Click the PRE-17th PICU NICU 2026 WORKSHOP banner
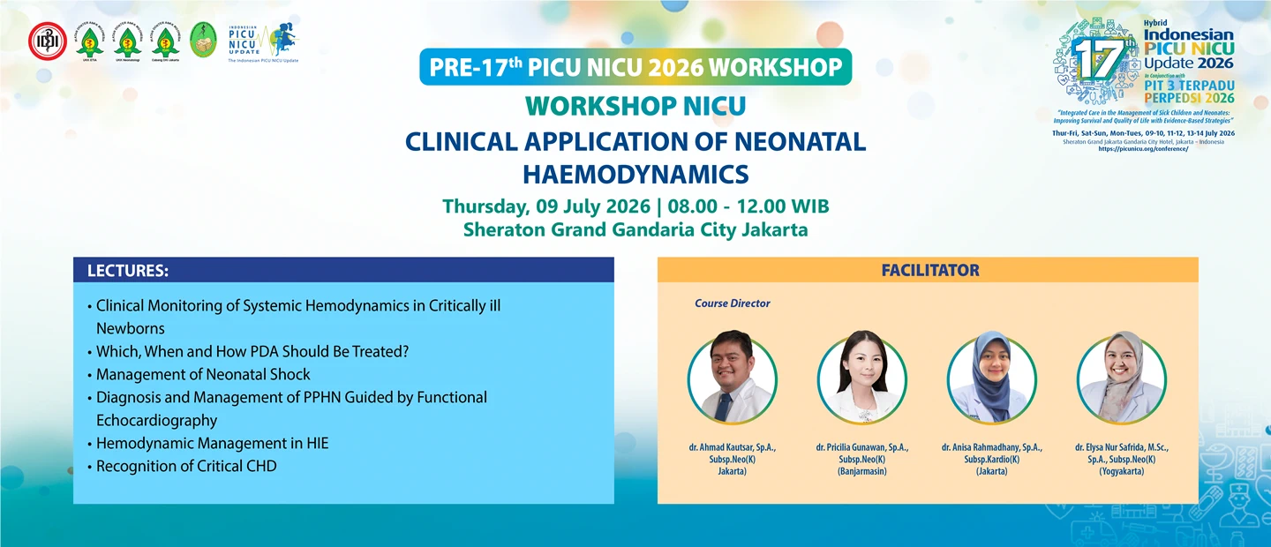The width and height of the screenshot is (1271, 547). [x=635, y=67]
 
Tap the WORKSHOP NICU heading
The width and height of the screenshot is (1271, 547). [x=635, y=106]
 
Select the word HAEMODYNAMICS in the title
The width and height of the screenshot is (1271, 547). [x=635, y=172]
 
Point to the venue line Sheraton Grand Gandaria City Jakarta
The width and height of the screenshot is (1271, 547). [x=635, y=230]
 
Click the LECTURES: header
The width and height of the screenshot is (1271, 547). [x=128, y=270]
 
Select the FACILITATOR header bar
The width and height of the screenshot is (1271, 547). [x=929, y=270]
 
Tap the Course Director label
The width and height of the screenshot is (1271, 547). [x=732, y=303]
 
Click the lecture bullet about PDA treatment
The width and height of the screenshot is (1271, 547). [x=252, y=351]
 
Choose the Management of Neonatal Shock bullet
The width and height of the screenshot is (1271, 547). [x=203, y=374]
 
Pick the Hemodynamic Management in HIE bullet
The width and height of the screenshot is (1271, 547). [x=212, y=443]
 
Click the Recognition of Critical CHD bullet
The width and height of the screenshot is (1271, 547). [x=186, y=466]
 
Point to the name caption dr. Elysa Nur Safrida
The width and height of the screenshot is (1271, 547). [x=1121, y=448]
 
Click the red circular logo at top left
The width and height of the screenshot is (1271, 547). [x=47, y=40]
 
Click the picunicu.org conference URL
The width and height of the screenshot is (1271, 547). [x=1143, y=149]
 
